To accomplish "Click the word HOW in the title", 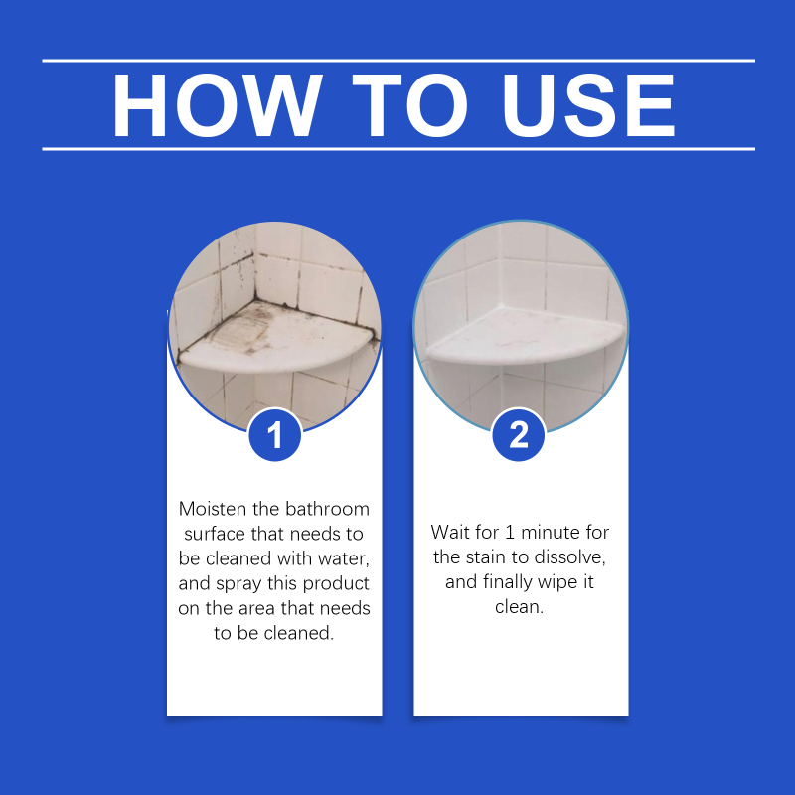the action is pyautogui.click(x=217, y=105).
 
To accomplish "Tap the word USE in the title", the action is pyautogui.click(x=588, y=105).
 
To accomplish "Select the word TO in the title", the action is pyautogui.click(x=409, y=105).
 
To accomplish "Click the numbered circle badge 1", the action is pyautogui.click(x=275, y=435).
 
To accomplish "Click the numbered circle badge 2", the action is pyautogui.click(x=518, y=435).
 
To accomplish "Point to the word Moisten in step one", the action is pyautogui.click(x=212, y=509).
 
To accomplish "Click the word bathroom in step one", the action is pyautogui.click(x=327, y=509).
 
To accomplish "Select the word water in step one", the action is pyautogui.click(x=342, y=558).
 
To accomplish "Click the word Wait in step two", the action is pyautogui.click(x=449, y=532).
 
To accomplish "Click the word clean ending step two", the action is pyautogui.click(x=519, y=607).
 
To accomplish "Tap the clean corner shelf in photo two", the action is pyautogui.click(x=525, y=335).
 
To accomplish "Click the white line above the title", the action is pyautogui.click(x=398, y=61).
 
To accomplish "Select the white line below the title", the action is pyautogui.click(x=398, y=149).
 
